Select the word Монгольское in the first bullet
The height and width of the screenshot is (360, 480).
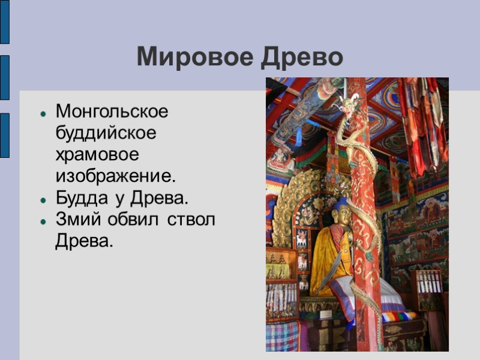(x=112, y=112)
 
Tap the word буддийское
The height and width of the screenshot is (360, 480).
(x=106, y=133)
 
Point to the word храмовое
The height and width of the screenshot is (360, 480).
(x=97, y=155)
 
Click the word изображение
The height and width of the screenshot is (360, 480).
(x=115, y=176)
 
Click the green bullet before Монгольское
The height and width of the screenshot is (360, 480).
(x=43, y=113)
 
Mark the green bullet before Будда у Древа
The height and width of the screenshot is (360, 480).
(x=43, y=199)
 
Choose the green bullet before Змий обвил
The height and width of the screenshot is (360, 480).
(x=43, y=221)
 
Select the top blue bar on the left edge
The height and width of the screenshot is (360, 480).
(x=4, y=22)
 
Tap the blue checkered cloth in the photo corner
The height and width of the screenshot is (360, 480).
(x=282, y=336)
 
